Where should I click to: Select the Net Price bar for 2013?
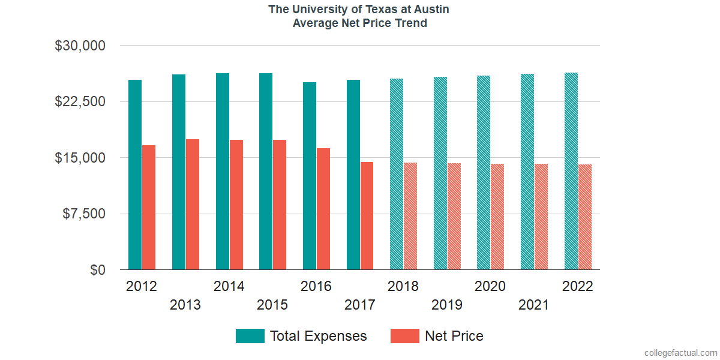pos(193,205)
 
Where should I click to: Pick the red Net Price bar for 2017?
pos(367,216)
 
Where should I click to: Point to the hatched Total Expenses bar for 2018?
pos(397,174)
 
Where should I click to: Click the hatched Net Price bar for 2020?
pos(497,217)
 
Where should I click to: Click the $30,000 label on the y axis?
pos(80,46)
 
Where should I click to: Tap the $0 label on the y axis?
pos(97,270)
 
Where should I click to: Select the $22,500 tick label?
pos(80,101)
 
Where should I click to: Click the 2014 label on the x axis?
pos(229,286)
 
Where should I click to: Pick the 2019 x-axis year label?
pos(447,305)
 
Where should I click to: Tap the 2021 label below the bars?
pos(534,305)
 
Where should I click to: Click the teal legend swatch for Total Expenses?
pos(250,336)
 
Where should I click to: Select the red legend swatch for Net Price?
pos(405,336)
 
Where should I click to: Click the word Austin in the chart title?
pos(429,9)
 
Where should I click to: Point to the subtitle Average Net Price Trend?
pos(359,23)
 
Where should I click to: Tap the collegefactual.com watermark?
pos(680,352)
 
